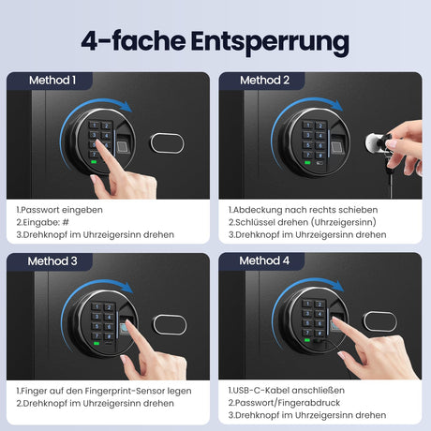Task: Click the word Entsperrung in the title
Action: [270, 42]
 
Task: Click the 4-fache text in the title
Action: [133, 41]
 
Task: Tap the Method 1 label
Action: [52, 81]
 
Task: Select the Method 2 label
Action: [264, 81]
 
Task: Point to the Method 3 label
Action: [52, 261]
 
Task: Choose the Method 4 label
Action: [264, 260]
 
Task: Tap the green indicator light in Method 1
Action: [94, 162]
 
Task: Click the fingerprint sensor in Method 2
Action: [336, 146]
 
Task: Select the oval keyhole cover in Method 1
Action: [168, 143]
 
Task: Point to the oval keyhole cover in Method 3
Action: [170, 325]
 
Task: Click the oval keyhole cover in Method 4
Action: [380, 321]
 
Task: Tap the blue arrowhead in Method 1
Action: [126, 107]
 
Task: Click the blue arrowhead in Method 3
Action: [127, 288]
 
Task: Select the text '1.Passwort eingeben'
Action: [59, 210]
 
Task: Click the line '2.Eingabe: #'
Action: [42, 222]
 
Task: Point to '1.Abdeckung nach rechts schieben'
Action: [303, 210]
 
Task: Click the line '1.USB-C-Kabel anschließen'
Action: [287, 391]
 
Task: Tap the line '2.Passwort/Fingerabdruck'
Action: [284, 403]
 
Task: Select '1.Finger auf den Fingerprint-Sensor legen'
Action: [104, 391]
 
